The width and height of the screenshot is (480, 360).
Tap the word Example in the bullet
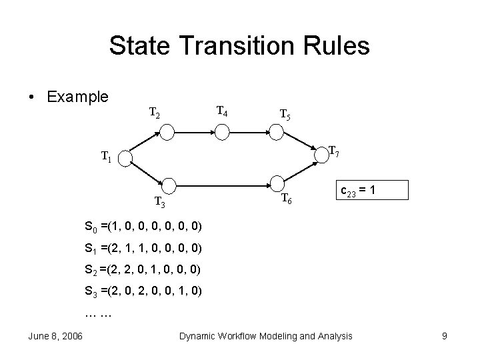[77, 97]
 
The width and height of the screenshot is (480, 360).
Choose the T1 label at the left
[106, 158]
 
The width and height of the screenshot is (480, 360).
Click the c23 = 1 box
[361, 191]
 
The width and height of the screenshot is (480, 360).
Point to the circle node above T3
[170, 185]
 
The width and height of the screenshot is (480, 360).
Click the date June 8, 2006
[55, 336]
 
